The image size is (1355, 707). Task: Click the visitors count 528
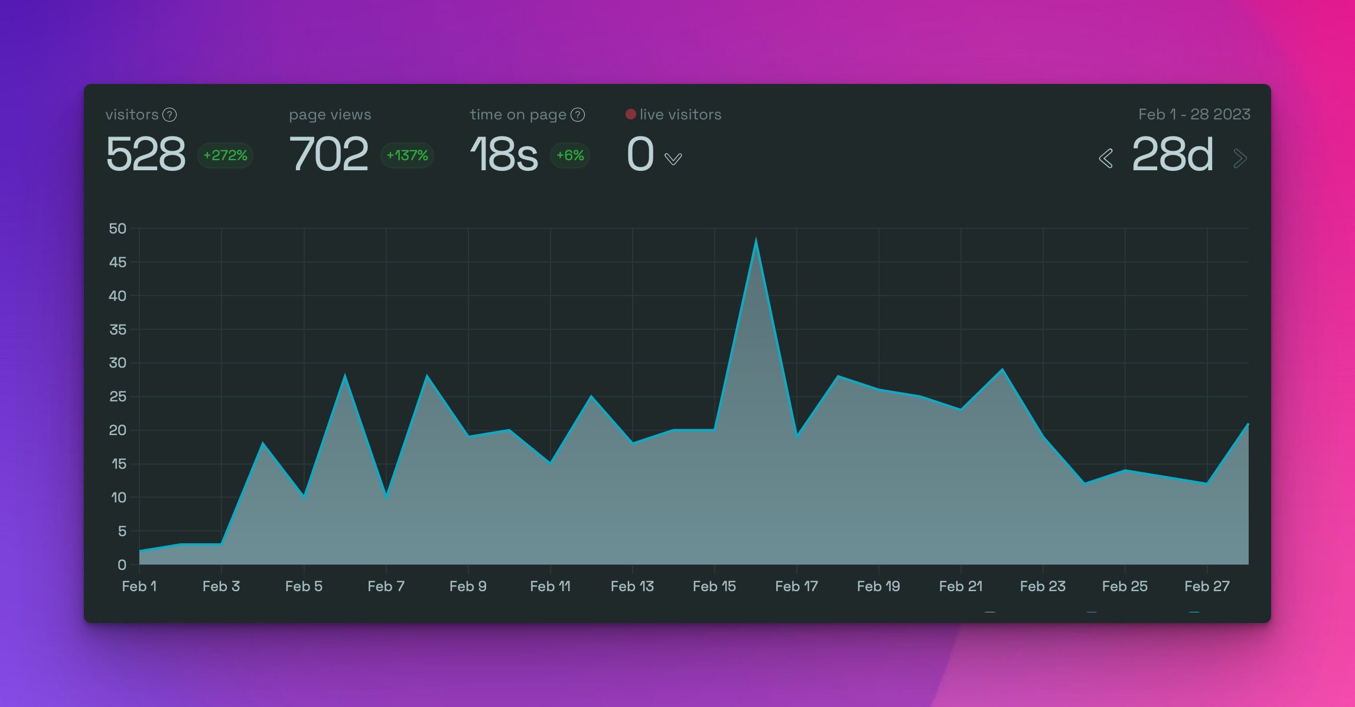coord(145,154)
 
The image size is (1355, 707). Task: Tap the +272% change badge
coord(225,155)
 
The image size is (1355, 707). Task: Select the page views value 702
coord(328,154)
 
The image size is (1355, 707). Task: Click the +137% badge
coord(407,155)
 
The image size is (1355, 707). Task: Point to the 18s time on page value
coord(504,154)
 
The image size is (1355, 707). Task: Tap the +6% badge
coord(570,155)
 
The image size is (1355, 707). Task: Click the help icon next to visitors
coord(170,115)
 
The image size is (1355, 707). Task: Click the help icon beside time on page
coord(578,115)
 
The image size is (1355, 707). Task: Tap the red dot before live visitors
coord(631,114)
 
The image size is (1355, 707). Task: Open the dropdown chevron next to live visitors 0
coord(673,158)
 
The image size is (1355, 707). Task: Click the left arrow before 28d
coord(1106,158)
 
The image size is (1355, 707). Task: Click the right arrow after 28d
coord(1240,158)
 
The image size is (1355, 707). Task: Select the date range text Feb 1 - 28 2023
coord(1194,114)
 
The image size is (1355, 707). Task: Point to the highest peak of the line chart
coord(756,239)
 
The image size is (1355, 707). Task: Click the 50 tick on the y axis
coord(118,229)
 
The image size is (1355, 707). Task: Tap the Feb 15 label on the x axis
coord(714,586)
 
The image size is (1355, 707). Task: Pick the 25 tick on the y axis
coord(118,397)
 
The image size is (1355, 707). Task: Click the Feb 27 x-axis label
coord(1207,586)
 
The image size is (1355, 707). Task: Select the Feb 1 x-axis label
coord(139,586)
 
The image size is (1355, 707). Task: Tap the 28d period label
coord(1172,154)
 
